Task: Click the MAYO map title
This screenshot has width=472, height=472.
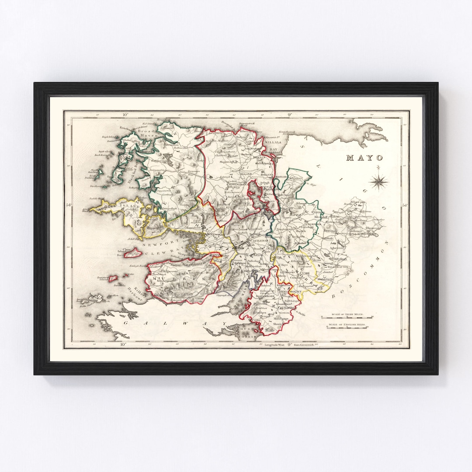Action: click(364, 158)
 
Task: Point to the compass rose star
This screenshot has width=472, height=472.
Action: click(379, 181)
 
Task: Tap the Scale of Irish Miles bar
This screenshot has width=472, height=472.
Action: click(347, 317)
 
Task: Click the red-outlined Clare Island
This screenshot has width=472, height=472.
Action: click(134, 253)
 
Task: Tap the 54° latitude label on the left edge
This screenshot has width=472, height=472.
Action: click(69, 204)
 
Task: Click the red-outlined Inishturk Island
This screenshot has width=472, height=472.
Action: click(114, 278)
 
